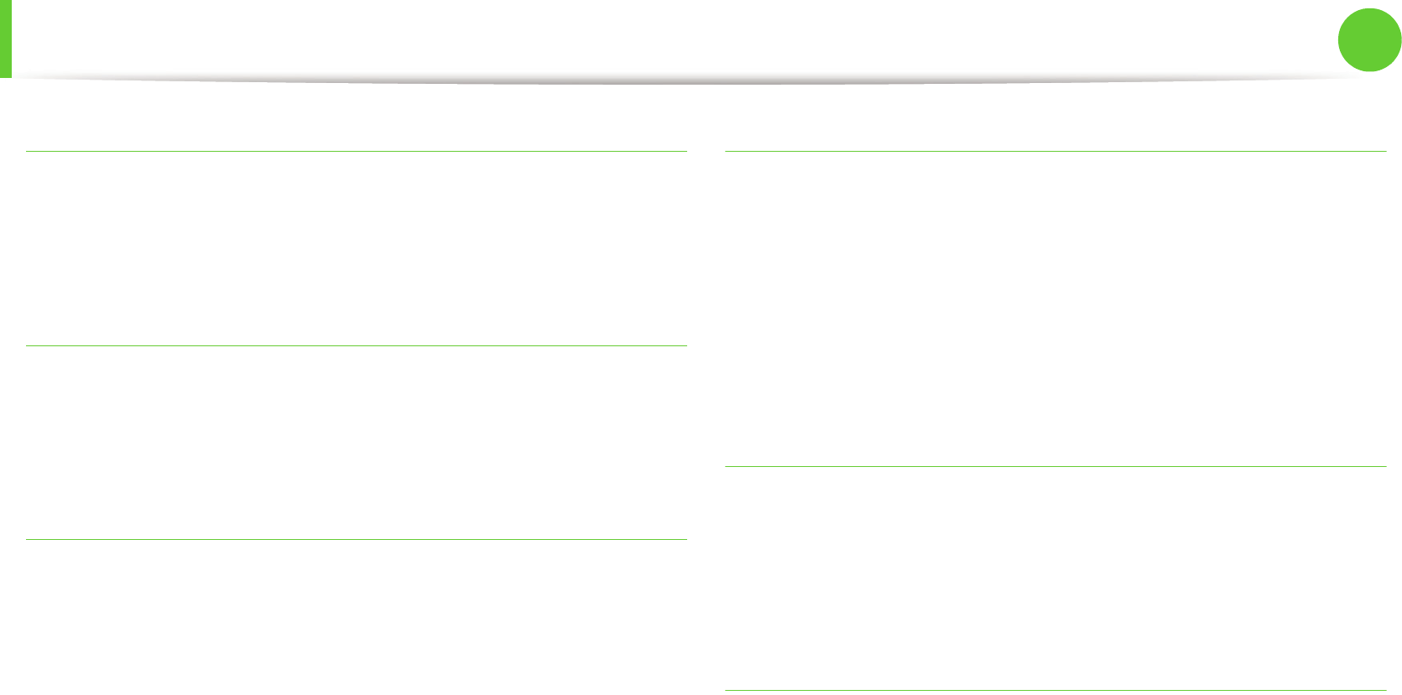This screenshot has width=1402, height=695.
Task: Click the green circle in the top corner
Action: pyautogui.click(x=1369, y=39)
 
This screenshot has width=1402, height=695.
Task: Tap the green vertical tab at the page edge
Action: pyautogui.click(x=5, y=39)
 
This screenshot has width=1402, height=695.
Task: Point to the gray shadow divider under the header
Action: pyautogui.click(x=688, y=81)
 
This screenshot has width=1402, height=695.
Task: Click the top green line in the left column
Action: pyautogui.click(x=357, y=152)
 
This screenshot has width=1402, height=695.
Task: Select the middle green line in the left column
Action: pyautogui.click(x=357, y=345)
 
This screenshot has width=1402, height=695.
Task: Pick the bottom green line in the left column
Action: pyautogui.click(x=357, y=539)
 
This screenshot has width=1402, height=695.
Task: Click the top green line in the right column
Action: pyautogui.click(x=1055, y=152)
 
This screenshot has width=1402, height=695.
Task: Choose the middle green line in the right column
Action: pyautogui.click(x=1055, y=466)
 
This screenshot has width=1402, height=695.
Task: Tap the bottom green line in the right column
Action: pyautogui.click(x=1055, y=690)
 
